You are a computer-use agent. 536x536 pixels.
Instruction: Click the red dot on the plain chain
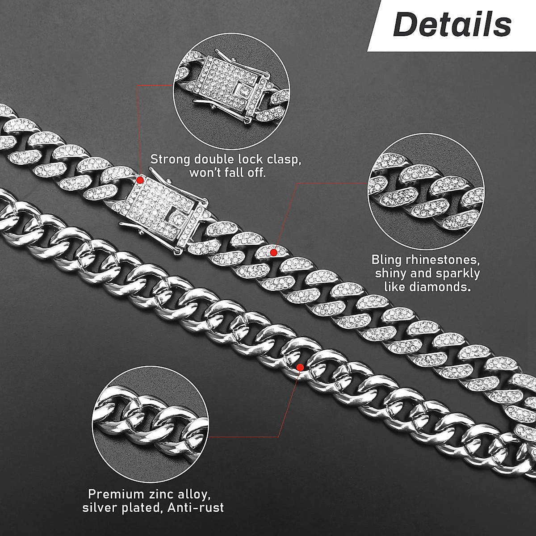(300, 367)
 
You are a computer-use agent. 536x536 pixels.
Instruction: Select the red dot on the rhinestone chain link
(274, 252)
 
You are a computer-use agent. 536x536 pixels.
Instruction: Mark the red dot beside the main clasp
(140, 180)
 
